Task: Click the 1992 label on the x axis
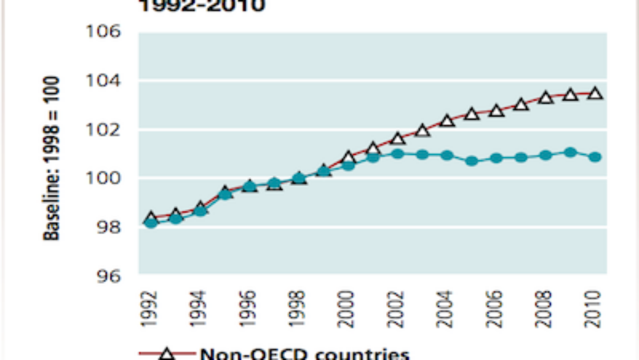click(149, 309)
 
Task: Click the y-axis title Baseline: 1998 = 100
click(52, 159)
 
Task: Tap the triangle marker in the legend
click(168, 354)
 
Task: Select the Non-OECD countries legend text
click(305, 354)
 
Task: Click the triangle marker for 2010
click(595, 93)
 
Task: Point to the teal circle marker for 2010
click(595, 157)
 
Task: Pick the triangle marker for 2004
click(447, 120)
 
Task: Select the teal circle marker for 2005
click(472, 160)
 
